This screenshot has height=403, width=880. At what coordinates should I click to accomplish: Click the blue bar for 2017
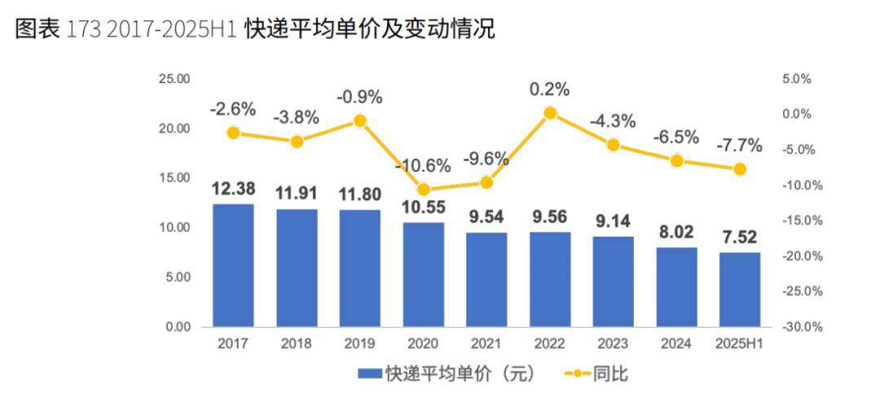(233, 265)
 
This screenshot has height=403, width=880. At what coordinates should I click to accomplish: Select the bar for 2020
(423, 274)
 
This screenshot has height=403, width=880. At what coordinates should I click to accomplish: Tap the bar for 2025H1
(739, 290)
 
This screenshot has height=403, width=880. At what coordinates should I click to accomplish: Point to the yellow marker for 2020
(423, 189)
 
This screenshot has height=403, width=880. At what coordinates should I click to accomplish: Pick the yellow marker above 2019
(360, 121)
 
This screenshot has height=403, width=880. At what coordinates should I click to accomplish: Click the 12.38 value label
(233, 188)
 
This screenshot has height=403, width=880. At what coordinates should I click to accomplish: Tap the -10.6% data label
(423, 166)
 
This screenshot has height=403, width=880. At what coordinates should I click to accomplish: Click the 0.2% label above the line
(549, 88)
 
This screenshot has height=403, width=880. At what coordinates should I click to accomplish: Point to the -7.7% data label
(739, 146)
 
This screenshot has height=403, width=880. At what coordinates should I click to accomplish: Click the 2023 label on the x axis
(612, 344)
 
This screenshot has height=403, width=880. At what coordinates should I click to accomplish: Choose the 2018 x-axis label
(297, 344)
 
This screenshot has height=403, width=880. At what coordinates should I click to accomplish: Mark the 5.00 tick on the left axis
(176, 277)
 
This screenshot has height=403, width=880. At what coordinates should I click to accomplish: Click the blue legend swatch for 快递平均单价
(370, 374)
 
